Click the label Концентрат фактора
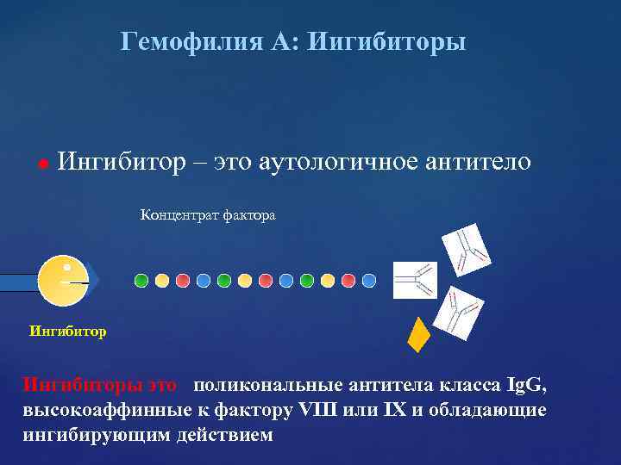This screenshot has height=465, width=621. coord(208,215)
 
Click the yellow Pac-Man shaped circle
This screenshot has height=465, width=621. coord(62,281)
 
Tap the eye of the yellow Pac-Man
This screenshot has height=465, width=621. coord(67,268)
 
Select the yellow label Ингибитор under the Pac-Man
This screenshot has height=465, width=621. coord(67,331)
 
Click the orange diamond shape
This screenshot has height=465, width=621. coord(418,335)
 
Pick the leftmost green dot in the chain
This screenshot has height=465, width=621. coord(141,280)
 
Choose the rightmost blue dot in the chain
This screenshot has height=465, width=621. coord(369,280)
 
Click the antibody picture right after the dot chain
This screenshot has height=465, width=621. coord(415,280)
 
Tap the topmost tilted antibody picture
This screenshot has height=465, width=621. coord(466,250)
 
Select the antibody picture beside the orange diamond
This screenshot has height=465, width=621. coord(458,313)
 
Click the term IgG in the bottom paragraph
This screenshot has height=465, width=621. coord(527,384)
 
